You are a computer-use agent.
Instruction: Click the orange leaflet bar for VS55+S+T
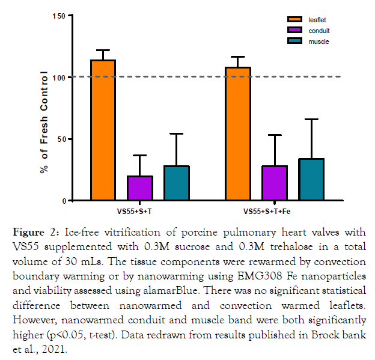[103, 130]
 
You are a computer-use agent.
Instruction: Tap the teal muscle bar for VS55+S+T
[177, 183]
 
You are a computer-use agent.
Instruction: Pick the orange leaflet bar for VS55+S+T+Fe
[237, 133]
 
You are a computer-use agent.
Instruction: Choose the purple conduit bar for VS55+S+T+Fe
[275, 183]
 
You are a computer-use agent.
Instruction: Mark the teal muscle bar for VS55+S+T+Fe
[312, 180]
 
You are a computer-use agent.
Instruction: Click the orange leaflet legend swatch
[295, 20]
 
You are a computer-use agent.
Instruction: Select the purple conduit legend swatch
[295, 31]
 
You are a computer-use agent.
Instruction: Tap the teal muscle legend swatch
[295, 41]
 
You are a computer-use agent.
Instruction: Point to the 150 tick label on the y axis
[59, 15]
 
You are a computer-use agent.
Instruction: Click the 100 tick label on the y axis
[59, 78]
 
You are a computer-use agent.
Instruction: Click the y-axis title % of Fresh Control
[44, 123]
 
